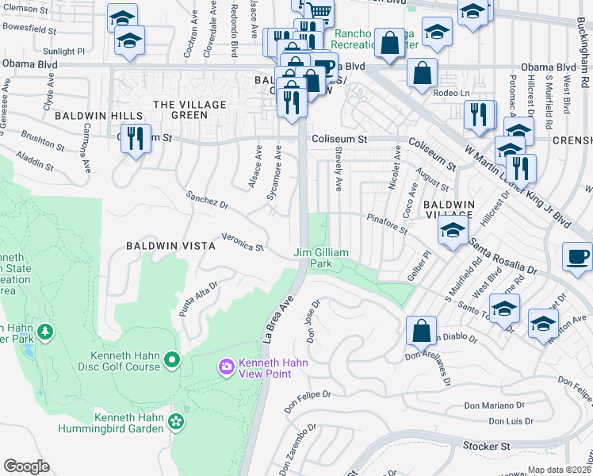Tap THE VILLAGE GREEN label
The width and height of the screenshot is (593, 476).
click(189, 109)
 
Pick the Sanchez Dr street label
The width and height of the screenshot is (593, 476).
click(207, 202)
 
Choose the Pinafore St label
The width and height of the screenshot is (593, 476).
click(386, 224)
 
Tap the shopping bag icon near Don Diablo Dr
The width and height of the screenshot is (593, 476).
click(422, 329)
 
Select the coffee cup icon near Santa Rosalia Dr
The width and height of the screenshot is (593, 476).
click(576, 256)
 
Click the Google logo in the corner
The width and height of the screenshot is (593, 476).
click(26, 466)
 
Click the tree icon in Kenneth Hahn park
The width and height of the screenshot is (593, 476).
click(45, 330)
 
